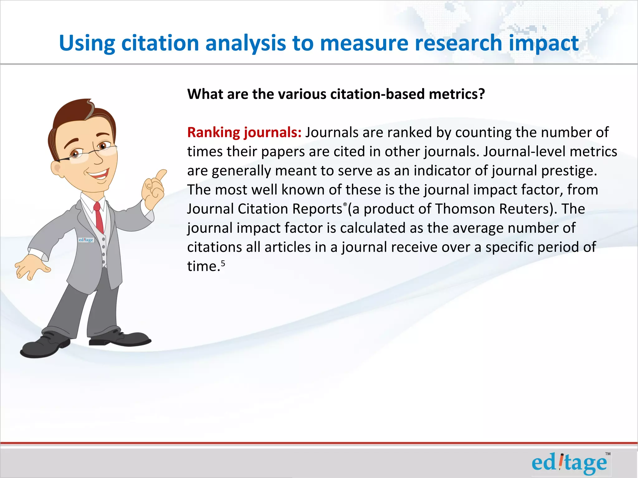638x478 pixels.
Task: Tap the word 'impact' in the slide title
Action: (x=544, y=44)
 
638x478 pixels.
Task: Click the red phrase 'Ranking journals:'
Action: (x=244, y=133)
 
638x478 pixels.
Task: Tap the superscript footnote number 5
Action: (x=223, y=264)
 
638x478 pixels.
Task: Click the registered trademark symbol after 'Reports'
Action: (x=345, y=204)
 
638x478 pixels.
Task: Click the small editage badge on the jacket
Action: (x=86, y=240)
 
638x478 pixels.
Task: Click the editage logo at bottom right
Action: (x=569, y=463)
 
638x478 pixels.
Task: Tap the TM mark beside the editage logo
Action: (x=608, y=454)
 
